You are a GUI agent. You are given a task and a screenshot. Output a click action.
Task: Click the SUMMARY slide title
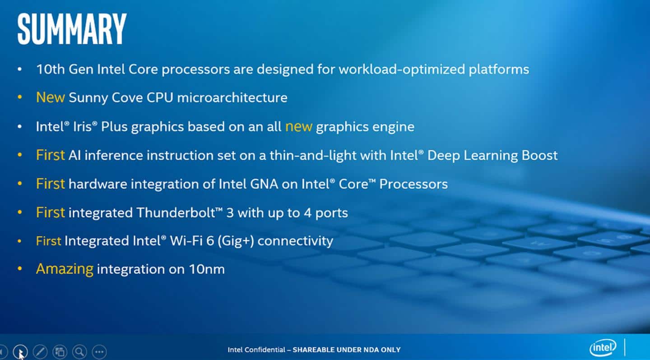[x=72, y=29]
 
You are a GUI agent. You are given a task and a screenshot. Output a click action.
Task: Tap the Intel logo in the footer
[x=603, y=347]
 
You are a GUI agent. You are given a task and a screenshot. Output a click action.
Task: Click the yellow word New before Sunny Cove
[x=51, y=97]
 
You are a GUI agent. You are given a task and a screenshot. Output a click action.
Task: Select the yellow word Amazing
[x=65, y=269]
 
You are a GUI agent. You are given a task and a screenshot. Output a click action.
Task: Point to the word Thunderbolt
[x=176, y=212]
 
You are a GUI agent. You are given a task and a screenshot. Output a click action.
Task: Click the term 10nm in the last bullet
[x=207, y=269]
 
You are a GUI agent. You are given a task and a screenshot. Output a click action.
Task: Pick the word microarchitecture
[x=232, y=97]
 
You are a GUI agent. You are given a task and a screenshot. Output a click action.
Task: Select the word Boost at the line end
[x=539, y=156]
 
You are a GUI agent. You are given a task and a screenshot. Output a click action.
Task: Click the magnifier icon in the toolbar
[x=79, y=351]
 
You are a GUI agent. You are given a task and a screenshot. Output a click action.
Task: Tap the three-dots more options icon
[x=99, y=351]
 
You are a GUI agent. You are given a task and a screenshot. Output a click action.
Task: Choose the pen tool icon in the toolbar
[x=40, y=351]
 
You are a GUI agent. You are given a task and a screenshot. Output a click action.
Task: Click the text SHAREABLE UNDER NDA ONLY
[x=347, y=350]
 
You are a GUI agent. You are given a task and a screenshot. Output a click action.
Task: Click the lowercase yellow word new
[x=299, y=127]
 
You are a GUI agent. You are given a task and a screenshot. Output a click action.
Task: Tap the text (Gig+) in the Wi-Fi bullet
[x=236, y=241]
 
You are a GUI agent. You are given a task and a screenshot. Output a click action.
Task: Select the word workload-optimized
[x=402, y=69]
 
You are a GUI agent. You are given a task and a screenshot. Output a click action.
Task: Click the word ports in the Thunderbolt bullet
[x=332, y=213]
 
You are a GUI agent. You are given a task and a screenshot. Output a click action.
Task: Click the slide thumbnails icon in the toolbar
[x=60, y=351]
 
